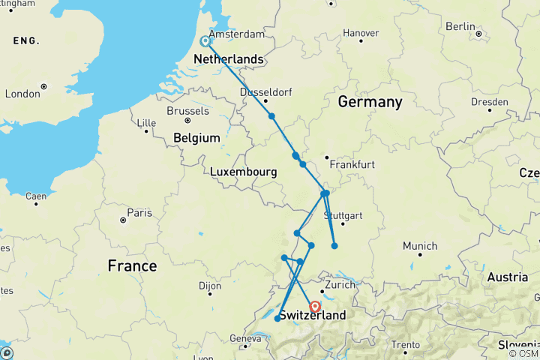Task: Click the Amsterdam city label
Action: click(237, 34)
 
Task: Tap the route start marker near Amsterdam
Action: click(205, 41)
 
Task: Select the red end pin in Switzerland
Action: click(315, 307)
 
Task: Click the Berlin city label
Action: click(460, 26)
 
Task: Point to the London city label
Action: click(22, 94)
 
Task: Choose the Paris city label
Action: click(139, 213)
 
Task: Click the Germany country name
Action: click(370, 102)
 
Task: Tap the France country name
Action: click(132, 265)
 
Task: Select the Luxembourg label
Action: click(243, 172)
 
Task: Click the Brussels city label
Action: click(187, 110)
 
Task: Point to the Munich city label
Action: click(420, 246)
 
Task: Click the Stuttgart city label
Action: click(341, 215)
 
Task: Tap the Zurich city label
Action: click(340, 285)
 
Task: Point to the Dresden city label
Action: click(490, 102)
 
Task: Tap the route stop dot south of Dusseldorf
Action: click(271, 115)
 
